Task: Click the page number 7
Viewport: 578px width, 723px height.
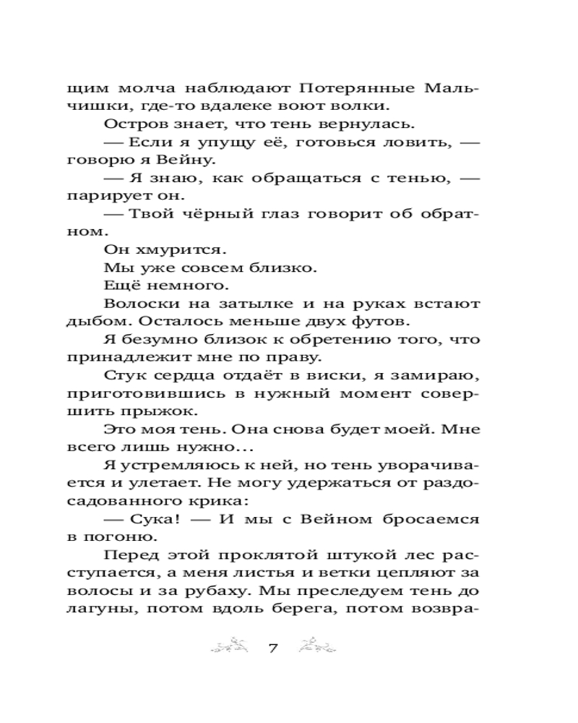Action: [x=274, y=646]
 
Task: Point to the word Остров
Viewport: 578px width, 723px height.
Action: [x=128, y=127]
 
